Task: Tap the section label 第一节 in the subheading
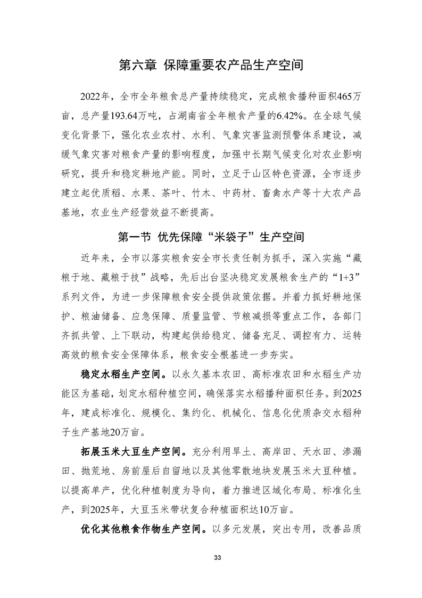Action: pyautogui.click(x=134, y=236)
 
